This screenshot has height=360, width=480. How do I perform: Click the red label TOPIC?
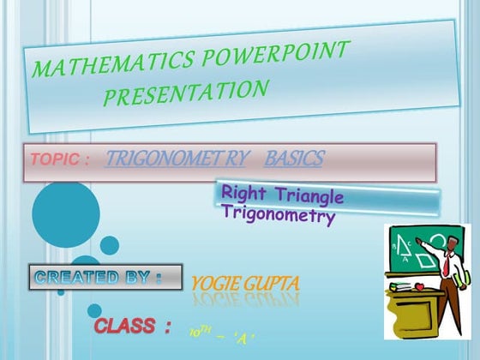57,160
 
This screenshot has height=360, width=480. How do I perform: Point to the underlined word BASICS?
294,159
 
